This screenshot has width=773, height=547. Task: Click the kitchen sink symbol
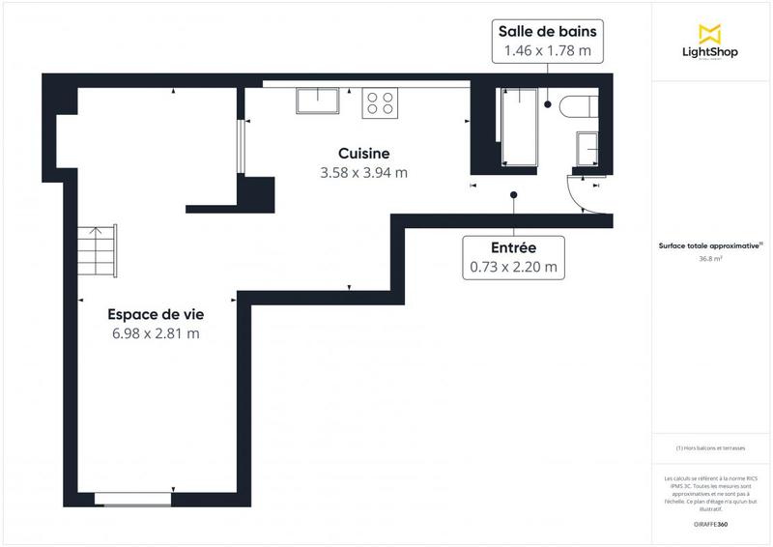tap(318, 101)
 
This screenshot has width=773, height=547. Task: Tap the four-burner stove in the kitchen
tap(380, 102)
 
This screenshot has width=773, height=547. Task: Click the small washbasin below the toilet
tap(587, 149)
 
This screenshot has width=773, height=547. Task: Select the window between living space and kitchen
tap(241, 148)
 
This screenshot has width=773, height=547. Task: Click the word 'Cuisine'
tap(363, 154)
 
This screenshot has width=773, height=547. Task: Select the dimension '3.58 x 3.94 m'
tap(363, 173)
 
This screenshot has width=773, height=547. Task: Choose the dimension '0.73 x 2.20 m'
tap(513, 268)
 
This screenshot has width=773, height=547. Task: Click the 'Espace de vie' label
tap(156, 314)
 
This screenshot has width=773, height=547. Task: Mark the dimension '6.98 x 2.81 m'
tap(156, 333)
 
